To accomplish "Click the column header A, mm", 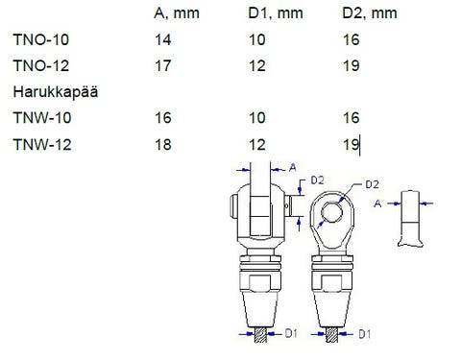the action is tap(177, 13).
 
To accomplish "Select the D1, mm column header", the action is tap(276, 13).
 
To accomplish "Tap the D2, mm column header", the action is tap(370, 13).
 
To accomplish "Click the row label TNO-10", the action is tap(41, 39).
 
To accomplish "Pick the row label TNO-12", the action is tap(41, 66).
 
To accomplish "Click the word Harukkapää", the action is tap(56, 92).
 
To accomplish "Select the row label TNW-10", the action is tap(42, 118).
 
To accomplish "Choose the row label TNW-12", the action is tap(42, 144).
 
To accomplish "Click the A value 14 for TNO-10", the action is tap(163, 39).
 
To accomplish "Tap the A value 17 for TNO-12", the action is tap(163, 66).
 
